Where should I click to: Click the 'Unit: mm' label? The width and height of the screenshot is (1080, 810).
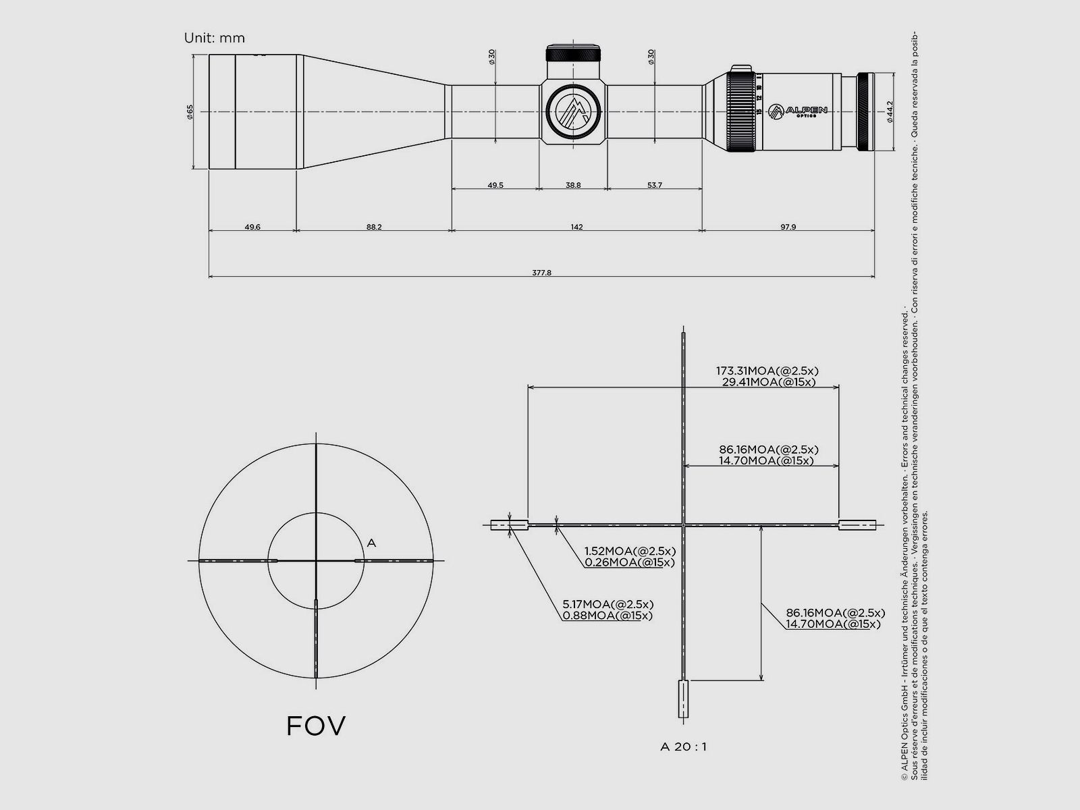click(214, 38)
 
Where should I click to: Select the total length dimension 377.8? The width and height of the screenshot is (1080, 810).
click(541, 273)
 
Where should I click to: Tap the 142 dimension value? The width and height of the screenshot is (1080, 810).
click(576, 227)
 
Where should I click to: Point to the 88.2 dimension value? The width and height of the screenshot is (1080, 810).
click(374, 227)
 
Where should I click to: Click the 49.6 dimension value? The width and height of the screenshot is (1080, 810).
click(252, 227)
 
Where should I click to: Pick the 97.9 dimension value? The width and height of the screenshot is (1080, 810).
click(788, 227)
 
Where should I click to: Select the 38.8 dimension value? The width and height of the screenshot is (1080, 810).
click(573, 185)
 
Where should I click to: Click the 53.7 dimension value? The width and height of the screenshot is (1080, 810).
click(654, 185)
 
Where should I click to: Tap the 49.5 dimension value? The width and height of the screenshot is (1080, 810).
click(495, 185)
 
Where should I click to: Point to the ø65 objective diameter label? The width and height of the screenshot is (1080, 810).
click(190, 112)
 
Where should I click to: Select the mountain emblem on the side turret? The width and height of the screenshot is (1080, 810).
click(573, 110)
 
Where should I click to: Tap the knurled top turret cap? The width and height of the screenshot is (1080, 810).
click(573, 53)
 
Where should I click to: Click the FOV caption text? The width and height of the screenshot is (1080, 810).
click(316, 726)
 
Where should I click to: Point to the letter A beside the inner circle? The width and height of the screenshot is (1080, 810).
click(371, 543)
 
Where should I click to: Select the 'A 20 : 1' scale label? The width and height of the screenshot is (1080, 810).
click(683, 747)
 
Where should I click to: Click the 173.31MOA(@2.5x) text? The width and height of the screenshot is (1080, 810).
click(767, 371)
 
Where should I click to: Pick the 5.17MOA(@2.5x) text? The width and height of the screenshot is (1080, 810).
click(607, 604)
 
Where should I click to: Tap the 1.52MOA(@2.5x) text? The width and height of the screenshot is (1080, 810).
click(630, 551)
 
